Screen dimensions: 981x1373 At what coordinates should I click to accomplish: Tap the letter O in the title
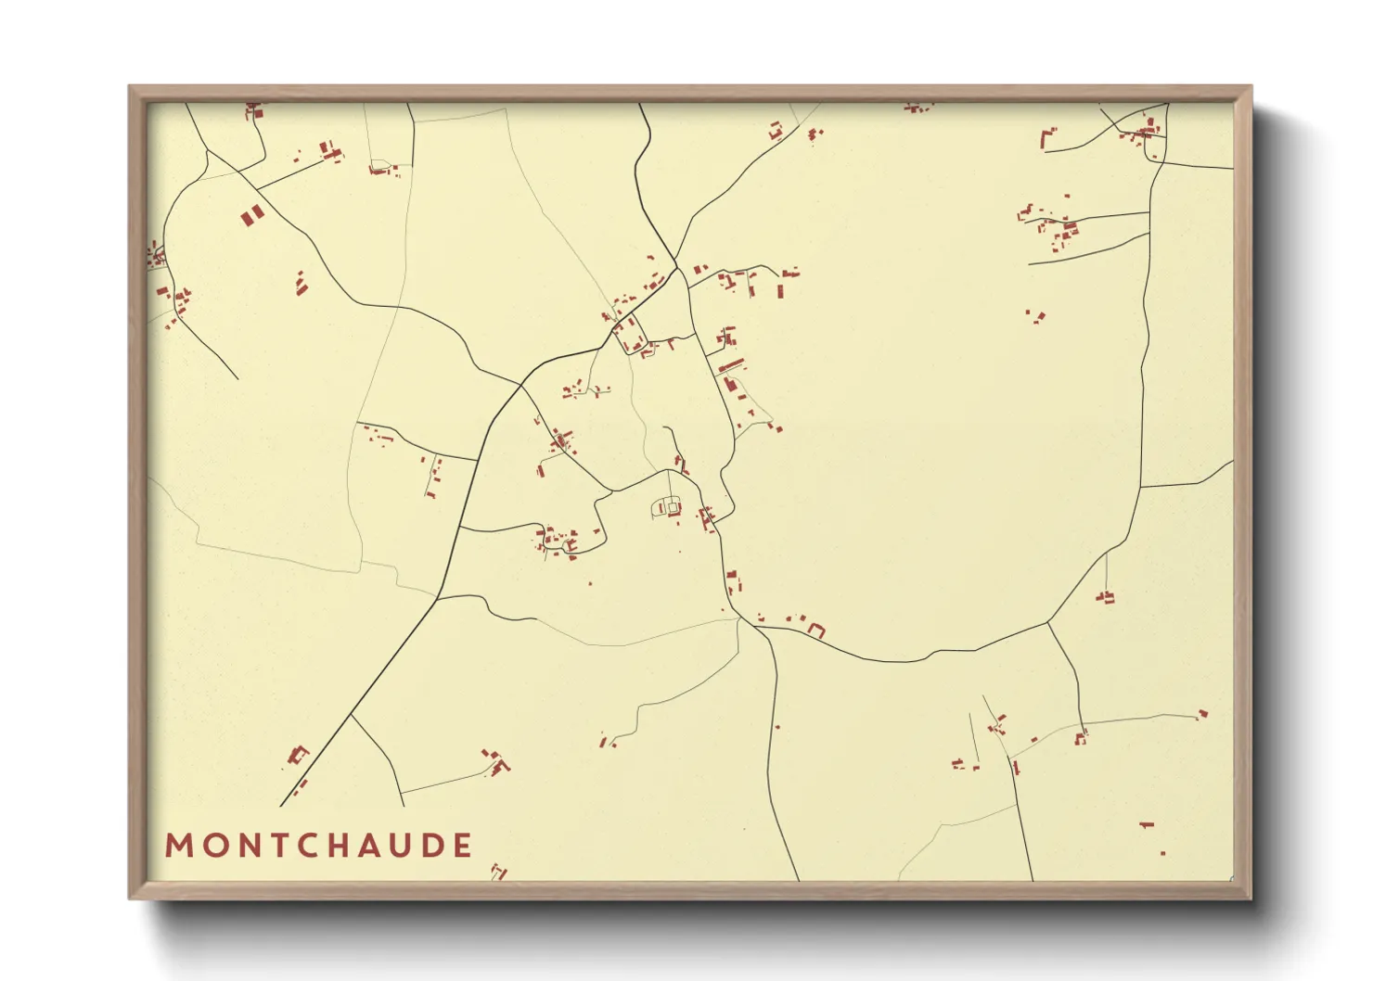pos(211,846)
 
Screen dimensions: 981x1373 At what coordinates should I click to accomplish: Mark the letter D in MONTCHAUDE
pos(433,846)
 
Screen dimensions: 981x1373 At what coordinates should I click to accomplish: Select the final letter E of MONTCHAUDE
pos(463,846)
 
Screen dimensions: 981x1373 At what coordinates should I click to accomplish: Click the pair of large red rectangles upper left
pos(252,216)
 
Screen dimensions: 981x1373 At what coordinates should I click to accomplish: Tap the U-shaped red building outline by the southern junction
pos(816,630)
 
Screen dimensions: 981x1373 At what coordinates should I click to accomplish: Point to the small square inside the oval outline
pos(674,508)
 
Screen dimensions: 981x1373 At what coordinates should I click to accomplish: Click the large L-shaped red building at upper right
pos(1046,139)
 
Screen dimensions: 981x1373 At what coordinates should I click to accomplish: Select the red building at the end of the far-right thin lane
pos(1203,714)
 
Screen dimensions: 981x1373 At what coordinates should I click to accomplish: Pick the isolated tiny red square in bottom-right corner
pos(1162,853)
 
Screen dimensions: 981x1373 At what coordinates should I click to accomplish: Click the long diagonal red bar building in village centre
pos(731,365)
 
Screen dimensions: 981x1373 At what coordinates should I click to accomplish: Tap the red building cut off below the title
pos(499,872)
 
